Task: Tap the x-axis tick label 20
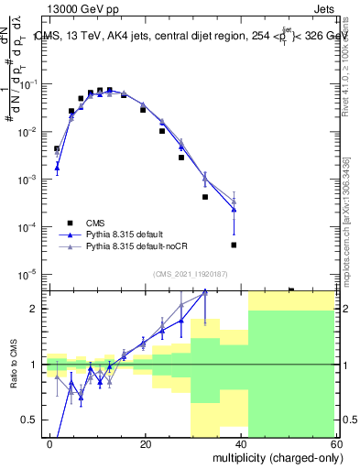pos(145,443)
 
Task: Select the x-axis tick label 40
pos(241,443)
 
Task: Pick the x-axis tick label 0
pos(50,443)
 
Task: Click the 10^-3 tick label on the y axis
pos(31,180)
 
